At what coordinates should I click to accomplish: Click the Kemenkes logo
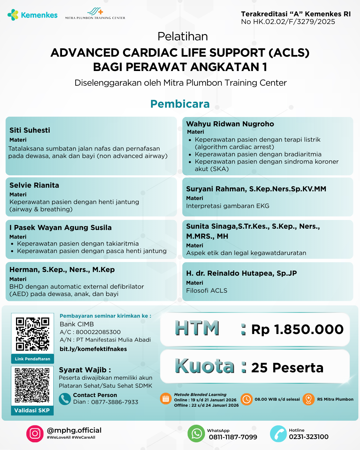pyautogui.click(x=32, y=15)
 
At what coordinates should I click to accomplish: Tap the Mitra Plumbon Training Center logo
pyautogui.click(x=95, y=14)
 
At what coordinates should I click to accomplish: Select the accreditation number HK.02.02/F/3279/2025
pyautogui.click(x=288, y=22)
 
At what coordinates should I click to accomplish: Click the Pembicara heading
pyautogui.click(x=180, y=104)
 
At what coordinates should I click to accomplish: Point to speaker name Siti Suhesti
pyautogui.click(x=30, y=130)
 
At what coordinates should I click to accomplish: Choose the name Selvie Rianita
pyautogui.click(x=34, y=185)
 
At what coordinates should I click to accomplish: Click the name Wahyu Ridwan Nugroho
pyautogui.click(x=230, y=124)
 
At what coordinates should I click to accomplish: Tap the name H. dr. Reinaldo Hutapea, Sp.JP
pyautogui.click(x=241, y=273)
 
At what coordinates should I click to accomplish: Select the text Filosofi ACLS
pyautogui.click(x=207, y=291)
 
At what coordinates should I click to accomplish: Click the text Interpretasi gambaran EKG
pyautogui.click(x=228, y=206)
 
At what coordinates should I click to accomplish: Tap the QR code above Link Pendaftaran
pyautogui.click(x=33, y=334)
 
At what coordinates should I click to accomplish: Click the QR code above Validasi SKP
pyautogui.click(x=32, y=385)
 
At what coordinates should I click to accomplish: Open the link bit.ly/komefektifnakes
pyautogui.click(x=93, y=349)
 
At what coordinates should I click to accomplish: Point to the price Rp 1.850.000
pyautogui.click(x=297, y=329)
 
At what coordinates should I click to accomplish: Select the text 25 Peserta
pyautogui.click(x=287, y=368)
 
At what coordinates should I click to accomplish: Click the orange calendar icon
pyautogui.click(x=166, y=399)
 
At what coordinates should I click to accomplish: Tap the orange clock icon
pyautogui.click(x=247, y=399)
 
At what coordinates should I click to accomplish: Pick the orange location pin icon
pyautogui.click(x=309, y=399)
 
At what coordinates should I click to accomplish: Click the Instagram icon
pyautogui.click(x=35, y=434)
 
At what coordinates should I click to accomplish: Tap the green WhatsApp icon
pyautogui.click(x=196, y=434)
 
